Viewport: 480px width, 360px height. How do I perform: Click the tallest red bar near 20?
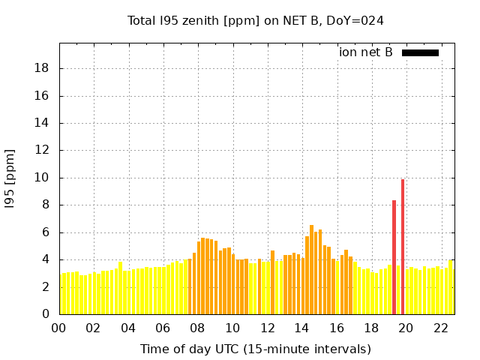pyautogui.click(x=403, y=247)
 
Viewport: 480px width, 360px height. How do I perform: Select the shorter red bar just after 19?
pyautogui.click(x=394, y=258)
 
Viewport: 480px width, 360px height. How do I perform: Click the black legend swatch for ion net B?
pyautogui.click(x=420, y=52)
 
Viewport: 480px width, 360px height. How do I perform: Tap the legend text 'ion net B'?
pyautogui.click(x=366, y=52)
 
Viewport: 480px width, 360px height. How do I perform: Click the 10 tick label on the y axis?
pyautogui.click(x=43, y=178)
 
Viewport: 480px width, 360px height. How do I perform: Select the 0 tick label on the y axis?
pyautogui.click(x=46, y=314)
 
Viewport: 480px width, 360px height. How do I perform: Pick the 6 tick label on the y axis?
pyautogui.click(x=46, y=232)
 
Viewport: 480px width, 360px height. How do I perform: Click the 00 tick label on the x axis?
pyautogui.click(x=58, y=328)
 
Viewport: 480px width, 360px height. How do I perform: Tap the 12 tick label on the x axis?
pyautogui.click(x=267, y=328)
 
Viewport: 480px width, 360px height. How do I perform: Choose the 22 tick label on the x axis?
pyautogui.click(x=441, y=328)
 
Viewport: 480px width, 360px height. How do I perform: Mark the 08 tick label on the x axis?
pyautogui.click(x=197, y=328)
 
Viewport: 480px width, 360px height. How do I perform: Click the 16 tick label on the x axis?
pyautogui.click(x=337, y=328)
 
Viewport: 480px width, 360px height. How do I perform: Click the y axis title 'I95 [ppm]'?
pyautogui.click(x=10, y=178)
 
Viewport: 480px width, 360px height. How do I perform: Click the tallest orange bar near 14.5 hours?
pyautogui.click(x=311, y=270)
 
